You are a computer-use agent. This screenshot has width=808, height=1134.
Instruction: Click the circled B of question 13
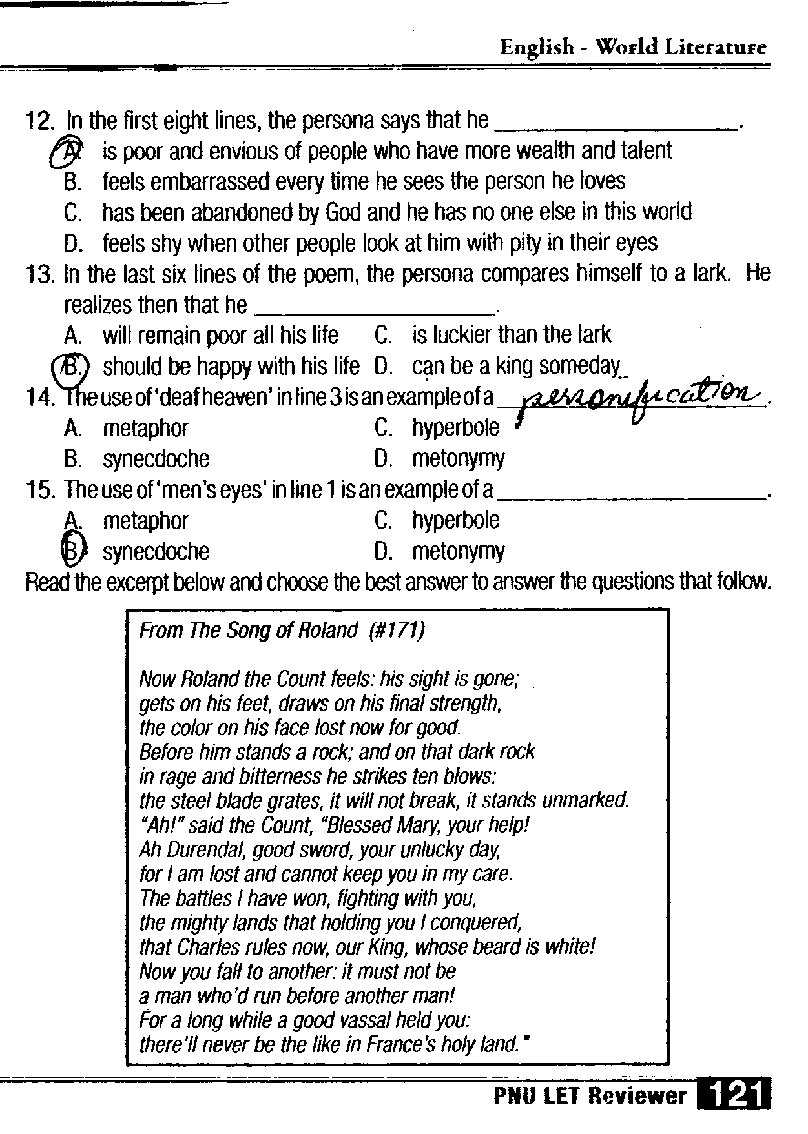(71, 367)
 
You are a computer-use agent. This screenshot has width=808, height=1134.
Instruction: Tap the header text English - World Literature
(633, 46)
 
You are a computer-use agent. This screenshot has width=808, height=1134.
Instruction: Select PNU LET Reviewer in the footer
(590, 1096)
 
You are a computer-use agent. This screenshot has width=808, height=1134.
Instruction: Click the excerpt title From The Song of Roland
(249, 630)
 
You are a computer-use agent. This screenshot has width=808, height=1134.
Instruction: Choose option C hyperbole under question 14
(455, 428)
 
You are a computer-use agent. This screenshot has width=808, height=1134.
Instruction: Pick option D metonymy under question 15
(457, 551)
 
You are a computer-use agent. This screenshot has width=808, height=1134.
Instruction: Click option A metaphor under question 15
(145, 521)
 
